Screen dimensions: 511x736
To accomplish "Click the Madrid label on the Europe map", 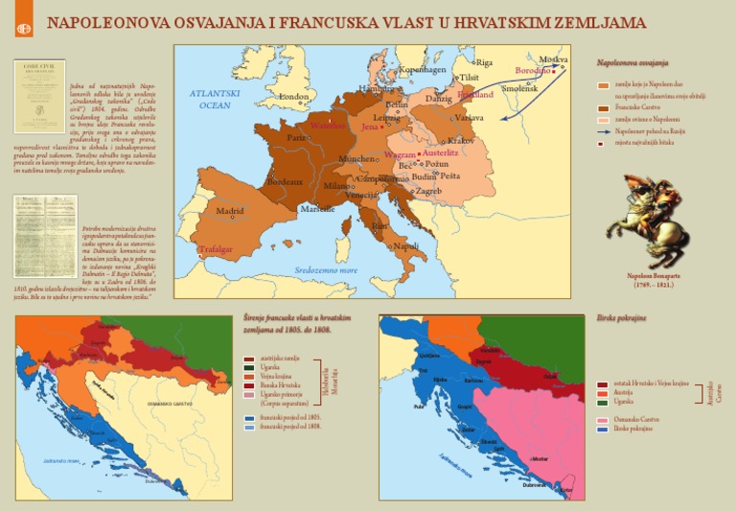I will pyautogui.click(x=229, y=211).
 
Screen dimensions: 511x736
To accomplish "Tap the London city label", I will pyautogui.click(x=293, y=97).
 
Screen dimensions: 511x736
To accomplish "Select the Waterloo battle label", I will pyautogui.click(x=327, y=126).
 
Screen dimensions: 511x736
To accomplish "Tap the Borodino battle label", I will pyautogui.click(x=534, y=71).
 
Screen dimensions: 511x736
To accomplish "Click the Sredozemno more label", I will pyautogui.click(x=326, y=270).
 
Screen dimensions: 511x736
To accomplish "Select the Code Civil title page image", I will pyautogui.click(x=39, y=96).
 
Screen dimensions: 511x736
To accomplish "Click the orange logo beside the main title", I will pyautogui.click(x=24, y=27).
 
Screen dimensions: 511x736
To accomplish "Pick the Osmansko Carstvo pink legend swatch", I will pyautogui.click(x=602, y=420).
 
